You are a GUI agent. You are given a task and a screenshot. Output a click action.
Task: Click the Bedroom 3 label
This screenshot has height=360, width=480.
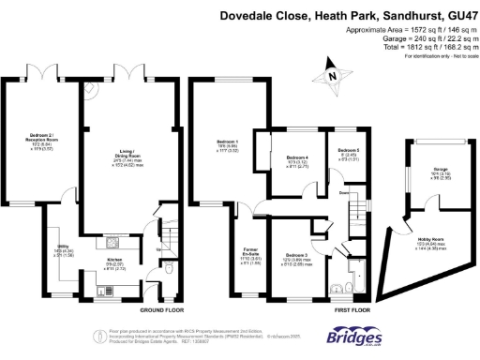pos(297,254)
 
